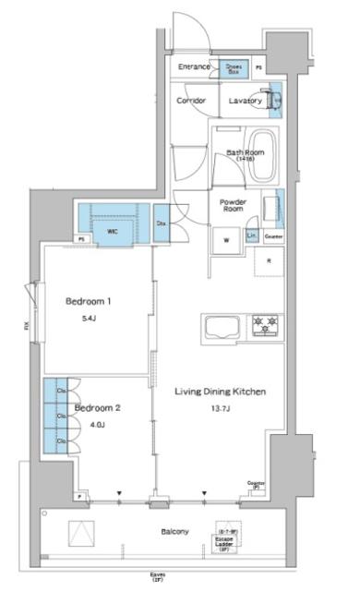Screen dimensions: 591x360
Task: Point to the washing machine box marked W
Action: click(225, 241)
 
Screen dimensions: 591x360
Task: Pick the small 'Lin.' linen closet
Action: click(252, 236)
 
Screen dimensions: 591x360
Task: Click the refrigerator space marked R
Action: click(269, 261)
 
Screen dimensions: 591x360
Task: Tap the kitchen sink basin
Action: click(222, 328)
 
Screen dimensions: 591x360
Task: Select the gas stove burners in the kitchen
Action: click(268, 325)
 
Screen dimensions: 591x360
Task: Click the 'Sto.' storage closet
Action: click(161, 223)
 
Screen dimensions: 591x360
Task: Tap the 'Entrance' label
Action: click(195, 67)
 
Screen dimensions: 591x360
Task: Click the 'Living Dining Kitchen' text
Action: click(222, 392)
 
